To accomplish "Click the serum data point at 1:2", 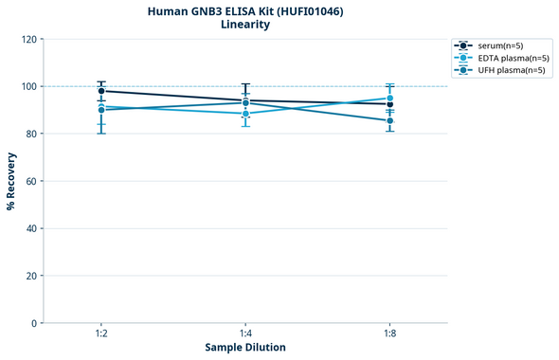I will (101, 91).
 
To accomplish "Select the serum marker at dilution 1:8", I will (390, 104).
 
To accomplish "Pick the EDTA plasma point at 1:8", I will (390, 99).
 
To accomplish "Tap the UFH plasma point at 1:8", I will (390, 120).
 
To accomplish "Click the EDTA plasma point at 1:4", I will (245, 114).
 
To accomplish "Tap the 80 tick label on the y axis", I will (30, 134).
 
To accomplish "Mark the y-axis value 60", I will (30, 181).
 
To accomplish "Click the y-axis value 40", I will (30, 228).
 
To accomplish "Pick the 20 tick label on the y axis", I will (30, 276).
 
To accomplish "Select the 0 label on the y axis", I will (33, 323).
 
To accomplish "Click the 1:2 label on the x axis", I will (101, 334).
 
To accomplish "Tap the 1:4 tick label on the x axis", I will (245, 334).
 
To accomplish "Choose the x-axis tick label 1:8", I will (390, 334).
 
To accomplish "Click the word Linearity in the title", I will (245, 25).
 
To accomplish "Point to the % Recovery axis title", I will (11, 180).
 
